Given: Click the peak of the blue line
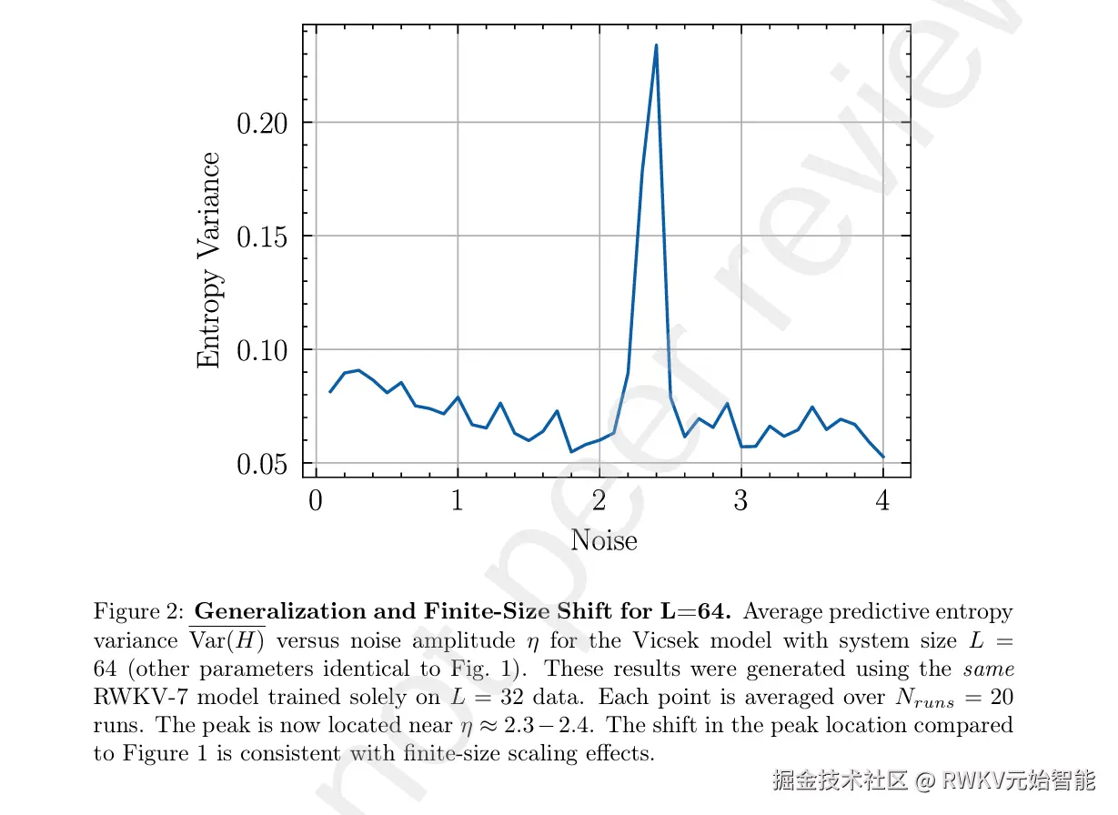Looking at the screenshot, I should click(656, 45).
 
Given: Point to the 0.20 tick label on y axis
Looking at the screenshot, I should click(262, 124).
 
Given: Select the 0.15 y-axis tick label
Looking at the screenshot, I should click(262, 237).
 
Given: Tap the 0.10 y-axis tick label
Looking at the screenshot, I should click(262, 351).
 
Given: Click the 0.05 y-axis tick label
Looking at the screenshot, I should click(262, 465).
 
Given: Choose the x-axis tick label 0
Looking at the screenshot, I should click(316, 501).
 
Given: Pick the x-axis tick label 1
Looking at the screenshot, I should click(458, 501).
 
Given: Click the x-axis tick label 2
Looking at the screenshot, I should click(599, 501).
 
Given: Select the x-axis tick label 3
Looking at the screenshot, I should click(741, 501).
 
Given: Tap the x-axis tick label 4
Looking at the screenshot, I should click(883, 501).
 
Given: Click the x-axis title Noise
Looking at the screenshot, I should click(604, 540).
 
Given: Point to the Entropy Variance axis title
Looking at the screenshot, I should click(209, 260).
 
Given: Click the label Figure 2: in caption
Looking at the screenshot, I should click(140, 611).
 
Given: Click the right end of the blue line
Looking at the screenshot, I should click(883, 457).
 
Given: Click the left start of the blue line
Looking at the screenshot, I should click(330, 391).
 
